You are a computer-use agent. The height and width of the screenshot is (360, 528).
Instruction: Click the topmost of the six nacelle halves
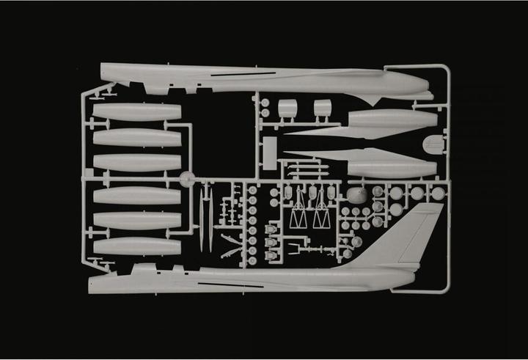coord(137,112)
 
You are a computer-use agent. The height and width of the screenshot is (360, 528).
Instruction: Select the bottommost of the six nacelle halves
coord(137,246)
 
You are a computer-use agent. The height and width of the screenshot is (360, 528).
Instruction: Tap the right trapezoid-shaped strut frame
coord(321,218)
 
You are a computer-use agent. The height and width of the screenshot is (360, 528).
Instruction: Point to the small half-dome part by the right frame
coord(433,144)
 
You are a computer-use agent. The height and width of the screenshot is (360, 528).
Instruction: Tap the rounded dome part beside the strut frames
coord(356,195)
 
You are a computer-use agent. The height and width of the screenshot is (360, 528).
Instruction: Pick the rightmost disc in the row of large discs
coord(438,194)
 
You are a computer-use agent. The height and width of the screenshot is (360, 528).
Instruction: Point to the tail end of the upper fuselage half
coord(103,70)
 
